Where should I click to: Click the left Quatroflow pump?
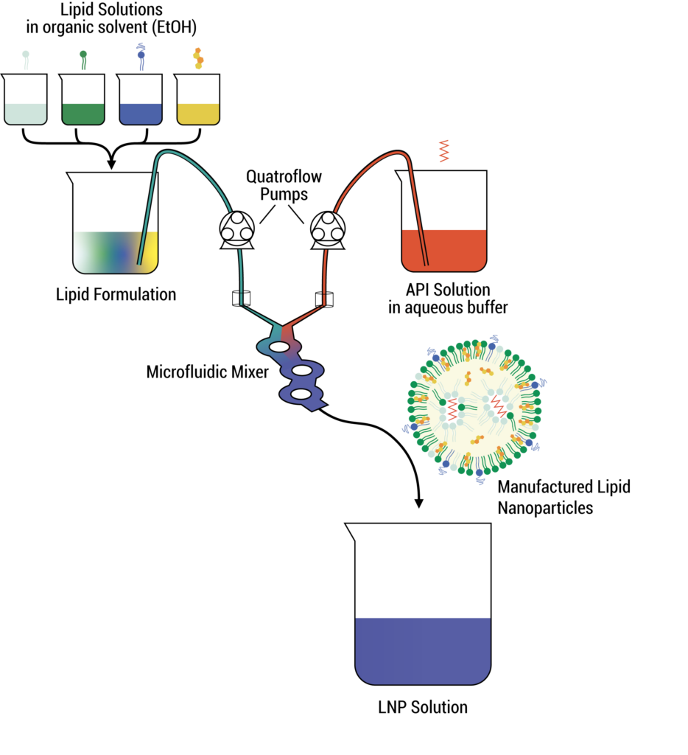click(238, 229)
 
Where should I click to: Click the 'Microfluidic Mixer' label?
click(208, 372)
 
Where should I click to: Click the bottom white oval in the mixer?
click(301, 395)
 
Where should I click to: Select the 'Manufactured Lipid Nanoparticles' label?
click(563, 497)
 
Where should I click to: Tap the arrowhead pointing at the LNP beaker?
click(419, 503)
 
